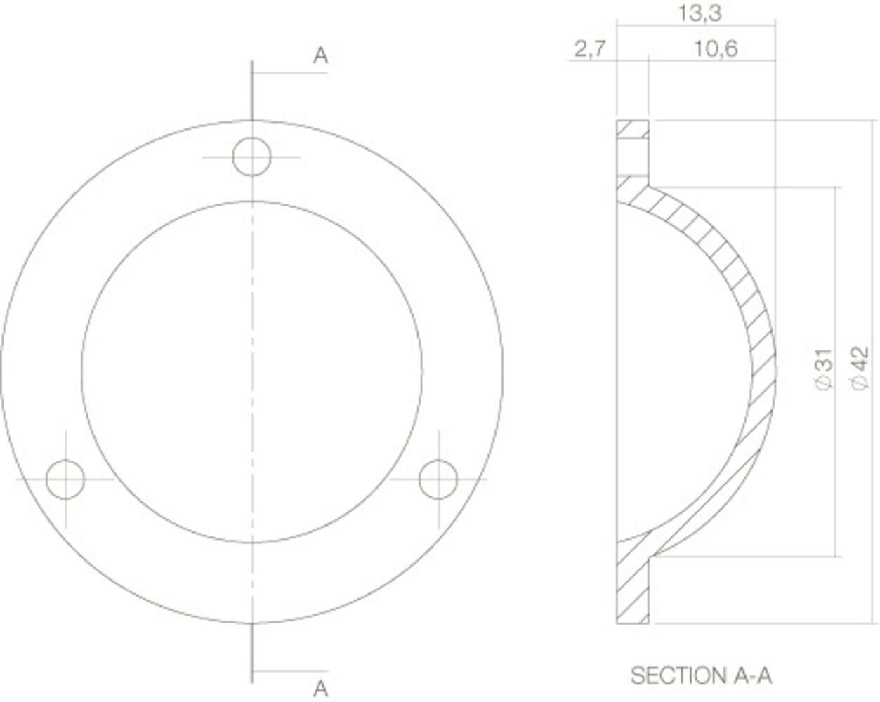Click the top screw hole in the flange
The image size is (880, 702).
pos(251,157)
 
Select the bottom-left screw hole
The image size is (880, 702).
pos(65,479)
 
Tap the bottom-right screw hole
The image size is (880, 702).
pos(438,479)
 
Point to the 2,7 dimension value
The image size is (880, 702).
pos(590,49)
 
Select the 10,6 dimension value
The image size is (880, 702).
pos(716,49)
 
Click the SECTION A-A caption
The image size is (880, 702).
pos(701,675)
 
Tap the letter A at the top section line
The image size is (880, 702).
pos(320,55)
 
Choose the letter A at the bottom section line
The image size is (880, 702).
pos(320,688)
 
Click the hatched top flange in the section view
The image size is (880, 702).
pos(632,131)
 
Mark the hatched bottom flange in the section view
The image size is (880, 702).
pos(632,590)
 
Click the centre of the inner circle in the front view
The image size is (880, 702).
pos(251,372)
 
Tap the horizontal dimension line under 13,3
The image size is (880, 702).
pos(696,26)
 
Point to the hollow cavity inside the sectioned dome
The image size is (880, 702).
pos(674,372)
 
